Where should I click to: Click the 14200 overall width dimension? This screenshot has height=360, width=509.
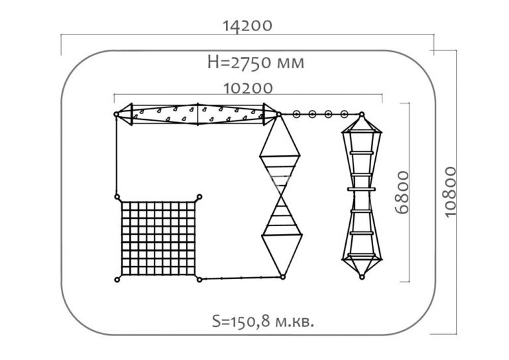[247, 26]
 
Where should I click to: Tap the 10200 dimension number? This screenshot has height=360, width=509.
[249, 88]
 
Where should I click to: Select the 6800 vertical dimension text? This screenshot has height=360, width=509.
[402, 192]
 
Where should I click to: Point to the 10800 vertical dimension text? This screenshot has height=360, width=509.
[450, 192]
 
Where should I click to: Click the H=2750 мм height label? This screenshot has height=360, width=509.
[256, 62]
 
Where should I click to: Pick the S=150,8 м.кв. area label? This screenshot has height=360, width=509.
[263, 322]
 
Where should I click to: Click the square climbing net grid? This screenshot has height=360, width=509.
[158, 238]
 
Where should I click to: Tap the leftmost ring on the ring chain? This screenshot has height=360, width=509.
[296, 114]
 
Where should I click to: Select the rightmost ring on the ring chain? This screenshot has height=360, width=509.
[345, 114]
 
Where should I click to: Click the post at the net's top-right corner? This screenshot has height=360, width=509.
[199, 197]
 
